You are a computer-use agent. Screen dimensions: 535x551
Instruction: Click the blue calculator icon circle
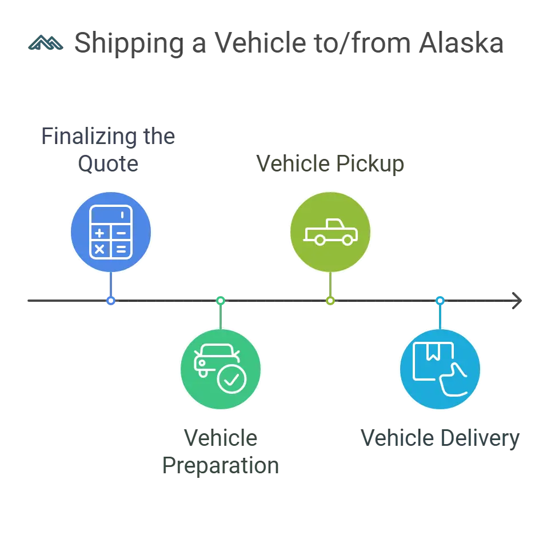point(111,232)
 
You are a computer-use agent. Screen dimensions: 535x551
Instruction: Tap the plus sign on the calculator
point(100,233)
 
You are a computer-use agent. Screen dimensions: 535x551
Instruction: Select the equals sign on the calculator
point(121,249)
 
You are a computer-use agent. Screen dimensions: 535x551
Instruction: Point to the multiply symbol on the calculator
point(100,249)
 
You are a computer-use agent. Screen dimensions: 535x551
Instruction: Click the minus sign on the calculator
point(121,233)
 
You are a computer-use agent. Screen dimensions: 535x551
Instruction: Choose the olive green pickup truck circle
point(331,232)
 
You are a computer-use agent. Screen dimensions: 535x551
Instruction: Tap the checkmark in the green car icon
point(231,379)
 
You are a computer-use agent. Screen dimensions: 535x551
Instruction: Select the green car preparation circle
point(221,369)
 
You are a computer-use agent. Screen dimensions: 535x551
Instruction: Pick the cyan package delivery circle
point(441,369)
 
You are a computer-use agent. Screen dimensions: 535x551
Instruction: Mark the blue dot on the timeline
point(111,300)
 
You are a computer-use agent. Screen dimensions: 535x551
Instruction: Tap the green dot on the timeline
point(221,300)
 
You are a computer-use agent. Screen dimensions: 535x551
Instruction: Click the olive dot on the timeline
point(330,300)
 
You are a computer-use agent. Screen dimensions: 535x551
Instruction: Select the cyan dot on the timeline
point(440,300)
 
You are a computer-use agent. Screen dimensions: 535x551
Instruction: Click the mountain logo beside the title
point(45,43)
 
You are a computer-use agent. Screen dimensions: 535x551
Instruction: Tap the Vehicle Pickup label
point(331,164)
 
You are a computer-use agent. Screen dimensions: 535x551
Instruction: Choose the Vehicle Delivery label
point(440,438)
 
